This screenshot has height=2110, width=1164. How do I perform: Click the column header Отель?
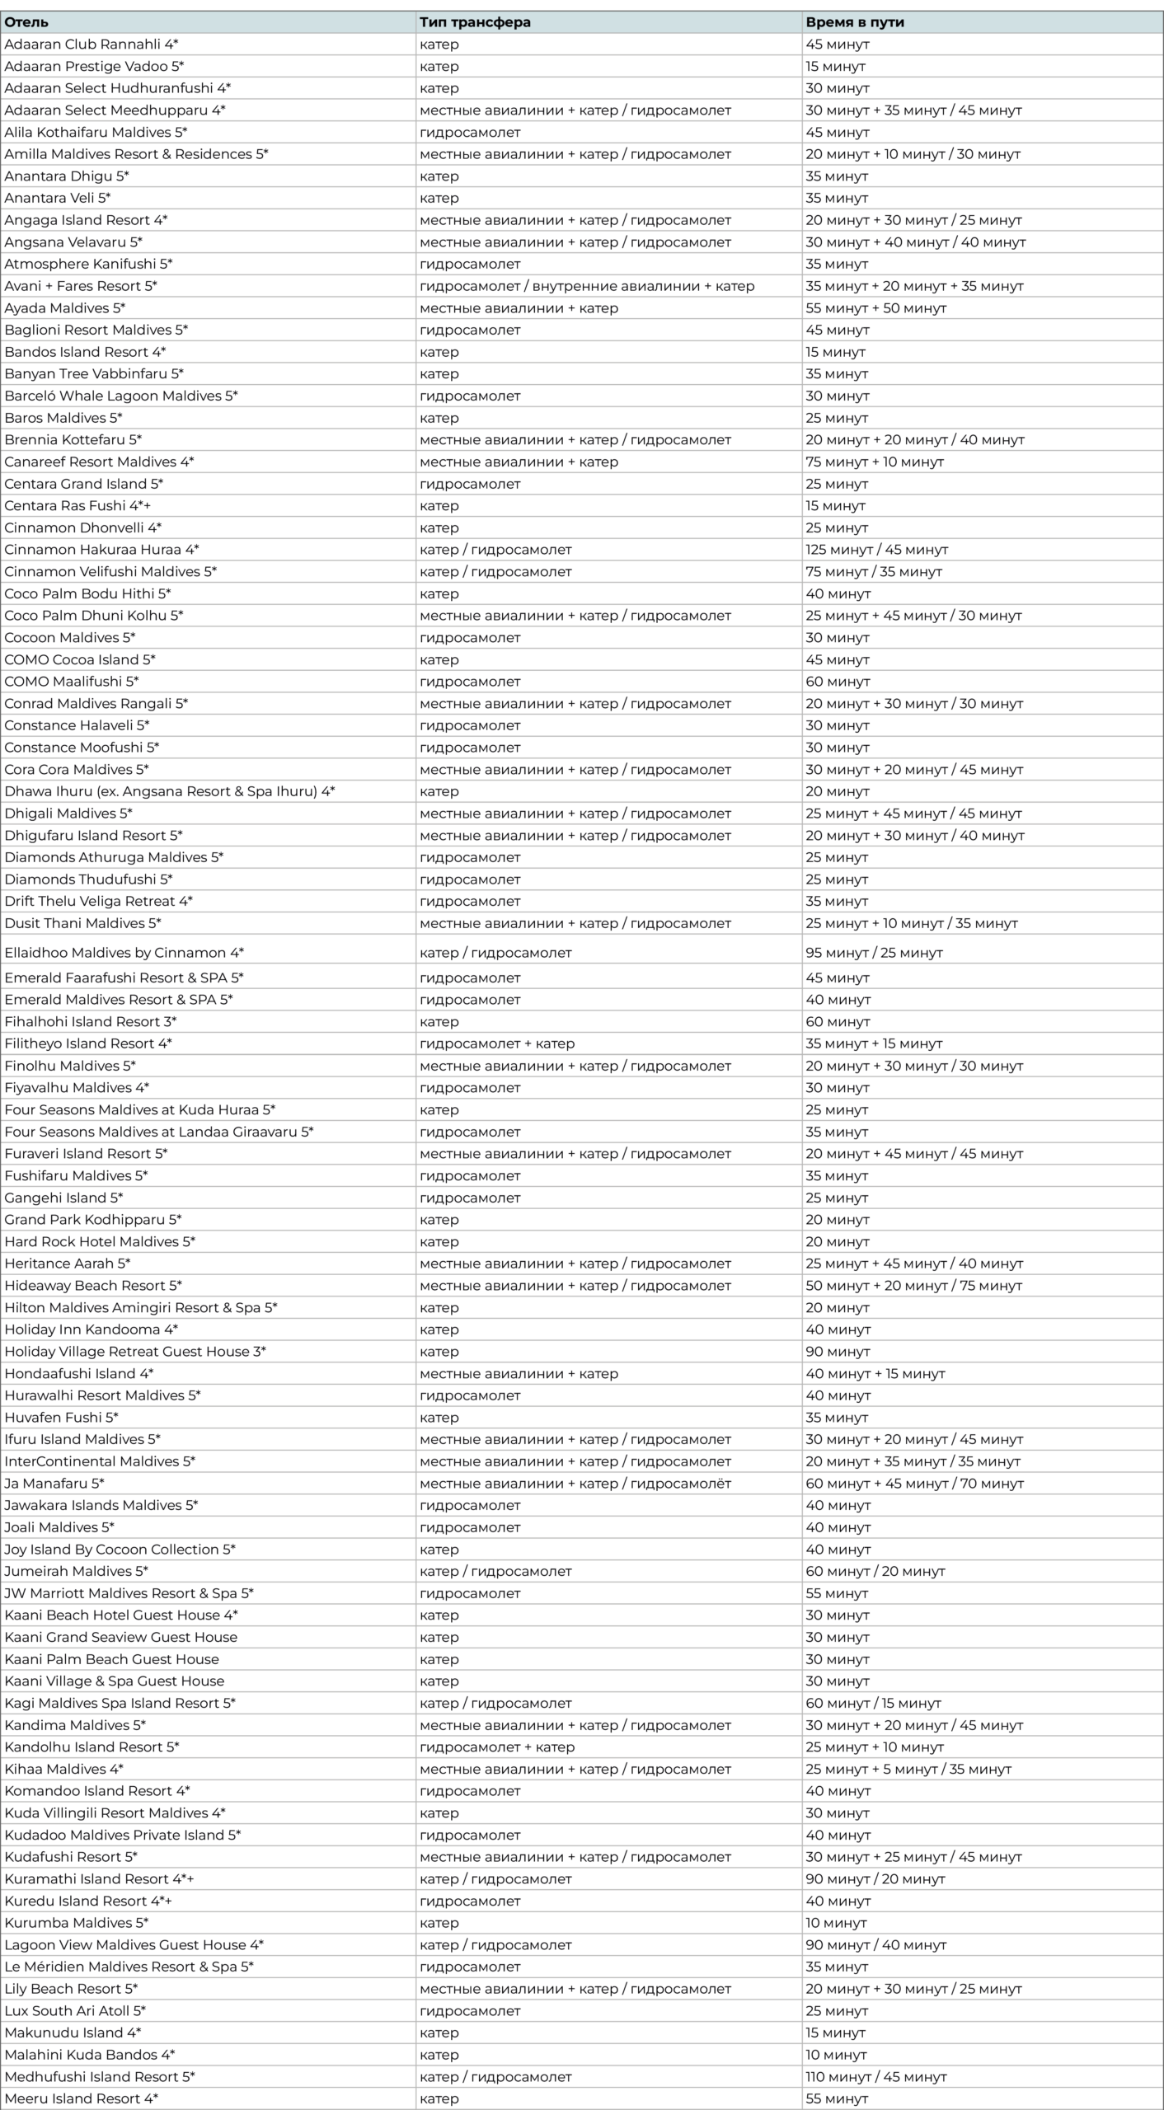(x=26, y=22)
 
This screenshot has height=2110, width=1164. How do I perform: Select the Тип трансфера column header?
(x=475, y=22)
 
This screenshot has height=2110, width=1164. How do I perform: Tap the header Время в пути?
(x=855, y=22)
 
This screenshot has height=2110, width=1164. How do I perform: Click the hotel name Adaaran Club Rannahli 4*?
(x=92, y=45)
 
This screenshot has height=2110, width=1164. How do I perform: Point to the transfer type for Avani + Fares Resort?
(x=587, y=286)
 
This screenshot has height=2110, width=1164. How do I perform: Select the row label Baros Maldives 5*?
(x=63, y=418)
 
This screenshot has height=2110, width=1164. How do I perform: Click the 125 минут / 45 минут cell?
(x=876, y=550)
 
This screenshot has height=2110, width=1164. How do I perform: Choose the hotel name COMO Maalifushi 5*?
(x=72, y=682)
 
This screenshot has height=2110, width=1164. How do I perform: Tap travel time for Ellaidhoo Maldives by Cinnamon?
(x=874, y=953)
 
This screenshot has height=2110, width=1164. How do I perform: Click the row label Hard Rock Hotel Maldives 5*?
(x=100, y=1241)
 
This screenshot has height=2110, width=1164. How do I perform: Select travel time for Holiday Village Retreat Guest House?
(x=838, y=1352)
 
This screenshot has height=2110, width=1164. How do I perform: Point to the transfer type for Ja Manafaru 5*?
(x=575, y=1484)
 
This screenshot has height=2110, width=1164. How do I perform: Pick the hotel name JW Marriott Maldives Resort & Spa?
(x=129, y=1593)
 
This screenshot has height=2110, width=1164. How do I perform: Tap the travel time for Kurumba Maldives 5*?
(x=836, y=1923)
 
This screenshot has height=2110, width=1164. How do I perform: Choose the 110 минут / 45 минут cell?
(x=875, y=2077)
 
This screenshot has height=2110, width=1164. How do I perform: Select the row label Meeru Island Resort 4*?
(x=81, y=2098)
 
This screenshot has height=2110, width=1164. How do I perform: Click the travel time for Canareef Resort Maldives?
(x=874, y=462)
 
